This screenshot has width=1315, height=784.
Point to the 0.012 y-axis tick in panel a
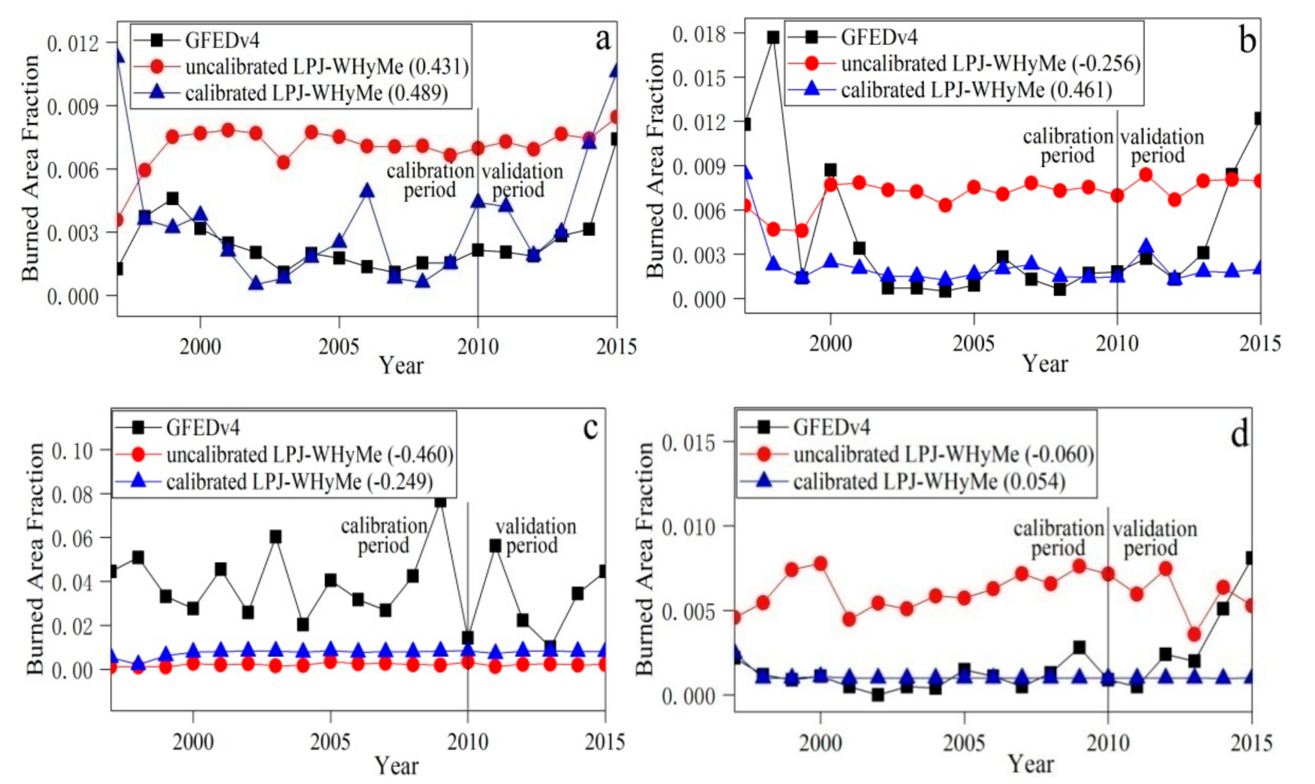coord(73,43)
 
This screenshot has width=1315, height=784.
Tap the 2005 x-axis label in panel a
coord(338,347)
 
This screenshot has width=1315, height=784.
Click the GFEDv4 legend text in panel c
coord(203,427)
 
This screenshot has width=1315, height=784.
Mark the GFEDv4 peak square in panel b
coord(773,37)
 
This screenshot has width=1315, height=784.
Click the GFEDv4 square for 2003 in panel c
coord(275,537)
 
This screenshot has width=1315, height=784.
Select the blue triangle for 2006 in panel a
coord(367,191)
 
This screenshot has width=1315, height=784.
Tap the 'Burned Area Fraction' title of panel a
coord(30,168)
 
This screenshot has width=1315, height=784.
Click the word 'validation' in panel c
coord(536,526)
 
